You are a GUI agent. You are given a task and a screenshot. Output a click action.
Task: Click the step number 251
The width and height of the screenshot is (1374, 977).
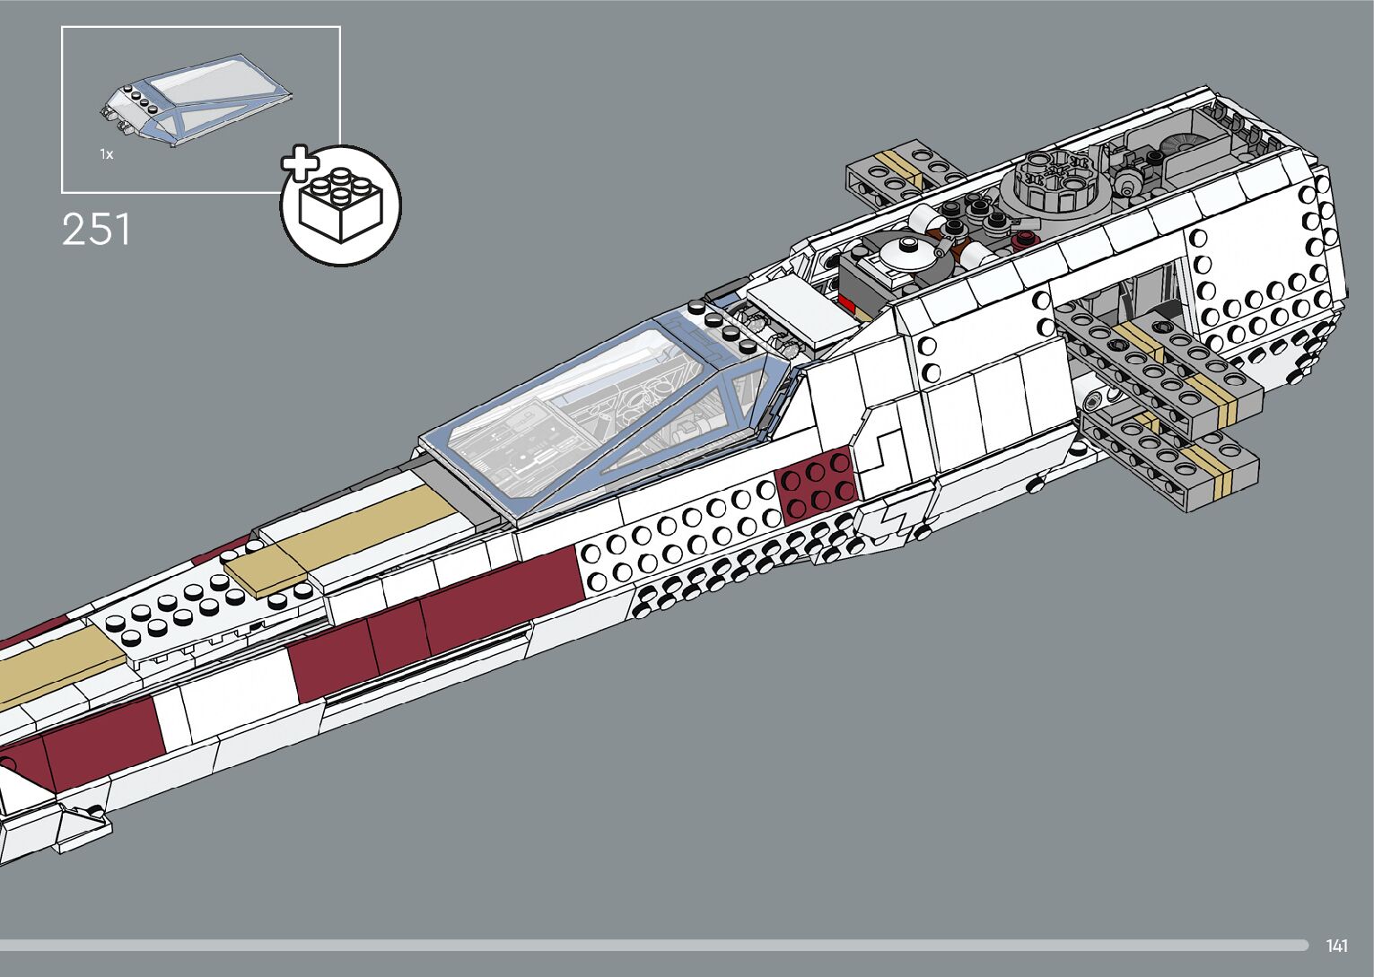(x=96, y=230)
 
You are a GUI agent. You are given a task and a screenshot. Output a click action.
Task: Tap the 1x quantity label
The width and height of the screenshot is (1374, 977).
(x=107, y=155)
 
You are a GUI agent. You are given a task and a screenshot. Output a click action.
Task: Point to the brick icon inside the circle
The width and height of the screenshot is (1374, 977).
(x=340, y=206)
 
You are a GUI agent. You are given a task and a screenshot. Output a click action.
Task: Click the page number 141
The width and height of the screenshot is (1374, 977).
(x=1336, y=946)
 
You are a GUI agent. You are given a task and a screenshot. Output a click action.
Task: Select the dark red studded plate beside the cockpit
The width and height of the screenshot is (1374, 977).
(x=816, y=485)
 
